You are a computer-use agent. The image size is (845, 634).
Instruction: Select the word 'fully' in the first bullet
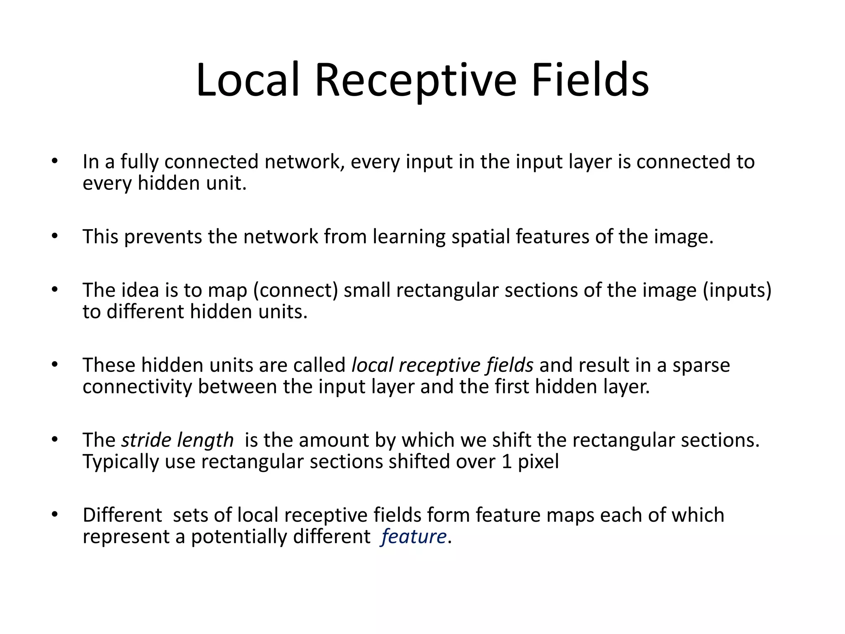pyautogui.click(x=139, y=162)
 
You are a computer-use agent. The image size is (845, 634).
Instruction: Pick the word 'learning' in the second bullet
pyautogui.click(x=408, y=237)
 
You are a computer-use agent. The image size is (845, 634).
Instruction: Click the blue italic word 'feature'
pyautogui.click(x=414, y=537)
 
